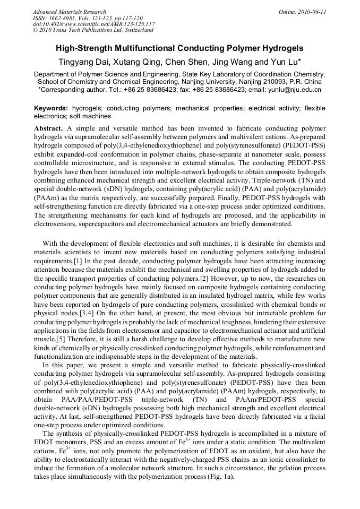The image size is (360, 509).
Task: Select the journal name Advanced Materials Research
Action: point(69,12)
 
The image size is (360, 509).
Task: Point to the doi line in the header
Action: point(93,24)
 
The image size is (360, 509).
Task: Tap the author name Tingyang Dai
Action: point(81,62)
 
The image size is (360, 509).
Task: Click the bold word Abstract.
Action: point(49,129)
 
